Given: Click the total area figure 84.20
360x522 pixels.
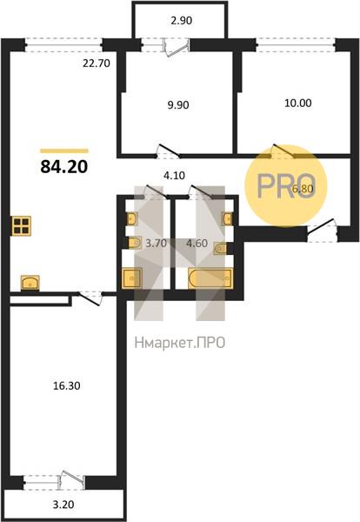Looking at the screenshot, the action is (x=63, y=166).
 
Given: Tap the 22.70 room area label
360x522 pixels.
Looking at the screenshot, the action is (x=97, y=63).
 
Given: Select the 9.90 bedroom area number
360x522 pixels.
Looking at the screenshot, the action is (x=178, y=105).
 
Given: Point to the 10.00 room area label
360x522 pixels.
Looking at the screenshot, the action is (x=298, y=103).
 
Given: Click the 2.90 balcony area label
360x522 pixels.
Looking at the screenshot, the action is (x=182, y=21).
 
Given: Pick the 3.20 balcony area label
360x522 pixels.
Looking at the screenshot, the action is (x=63, y=505).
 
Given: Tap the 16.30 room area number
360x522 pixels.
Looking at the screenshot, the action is (x=67, y=385).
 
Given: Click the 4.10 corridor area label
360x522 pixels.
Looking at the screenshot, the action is (x=174, y=175).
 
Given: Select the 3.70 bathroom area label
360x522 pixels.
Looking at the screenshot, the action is (x=156, y=244).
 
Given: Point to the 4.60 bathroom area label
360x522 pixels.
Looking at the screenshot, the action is (x=197, y=244).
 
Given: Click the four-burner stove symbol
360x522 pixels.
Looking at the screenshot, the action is (x=21, y=226).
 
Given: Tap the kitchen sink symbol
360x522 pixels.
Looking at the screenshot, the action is (x=30, y=283).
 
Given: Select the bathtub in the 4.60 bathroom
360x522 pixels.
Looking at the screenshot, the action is (x=210, y=278).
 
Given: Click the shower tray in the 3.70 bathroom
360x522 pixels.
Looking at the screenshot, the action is (x=132, y=278).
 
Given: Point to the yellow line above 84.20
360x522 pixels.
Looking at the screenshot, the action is (x=64, y=151).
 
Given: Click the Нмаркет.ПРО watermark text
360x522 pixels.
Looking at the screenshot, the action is (x=180, y=343).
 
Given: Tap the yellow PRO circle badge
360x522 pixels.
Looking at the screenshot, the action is (x=286, y=185).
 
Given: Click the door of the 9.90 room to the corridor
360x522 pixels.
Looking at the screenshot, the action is (x=169, y=151).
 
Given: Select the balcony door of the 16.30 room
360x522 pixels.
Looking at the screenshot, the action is (x=70, y=480).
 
